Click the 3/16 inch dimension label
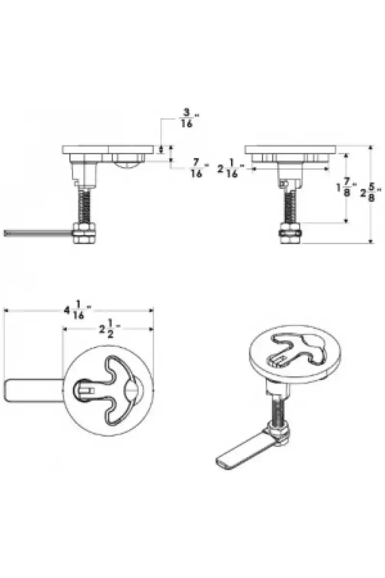(x=189, y=118)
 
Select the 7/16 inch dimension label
(x=199, y=168)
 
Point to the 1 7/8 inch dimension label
(x=346, y=187)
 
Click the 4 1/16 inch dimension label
(x=78, y=310)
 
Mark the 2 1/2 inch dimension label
(x=110, y=328)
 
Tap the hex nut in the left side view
(x=84, y=234)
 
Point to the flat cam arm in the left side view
(x=38, y=234)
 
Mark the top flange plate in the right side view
(x=290, y=149)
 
